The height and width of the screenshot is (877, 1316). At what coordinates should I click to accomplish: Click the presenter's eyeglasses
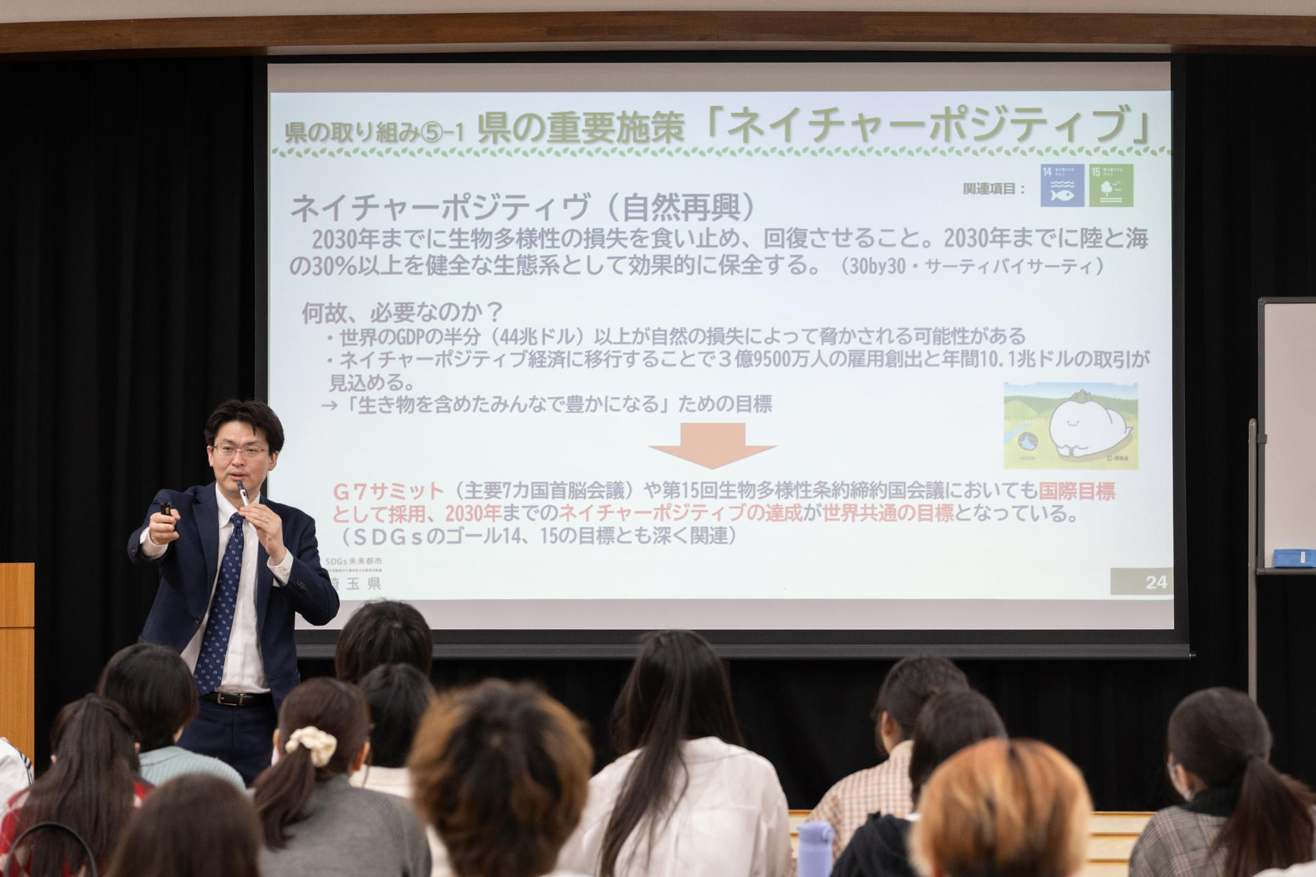241,451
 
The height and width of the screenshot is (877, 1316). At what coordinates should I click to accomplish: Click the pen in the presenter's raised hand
243,494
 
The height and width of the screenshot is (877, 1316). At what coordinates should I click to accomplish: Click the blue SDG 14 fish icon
1062,186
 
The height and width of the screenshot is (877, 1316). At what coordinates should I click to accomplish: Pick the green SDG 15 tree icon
1111,186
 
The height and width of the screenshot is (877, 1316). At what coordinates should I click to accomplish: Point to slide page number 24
1156,582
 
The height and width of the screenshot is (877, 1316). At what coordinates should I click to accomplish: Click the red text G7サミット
389,491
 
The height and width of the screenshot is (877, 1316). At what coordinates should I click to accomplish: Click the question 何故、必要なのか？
402,313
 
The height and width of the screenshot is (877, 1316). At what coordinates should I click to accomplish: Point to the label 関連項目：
994,189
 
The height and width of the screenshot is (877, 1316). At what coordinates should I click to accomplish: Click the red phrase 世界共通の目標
888,513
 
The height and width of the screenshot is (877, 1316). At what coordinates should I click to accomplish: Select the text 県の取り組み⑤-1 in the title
374,132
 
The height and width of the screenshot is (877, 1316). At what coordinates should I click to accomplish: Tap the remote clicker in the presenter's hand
165,510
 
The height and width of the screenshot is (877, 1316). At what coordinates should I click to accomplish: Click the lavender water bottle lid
815,835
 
